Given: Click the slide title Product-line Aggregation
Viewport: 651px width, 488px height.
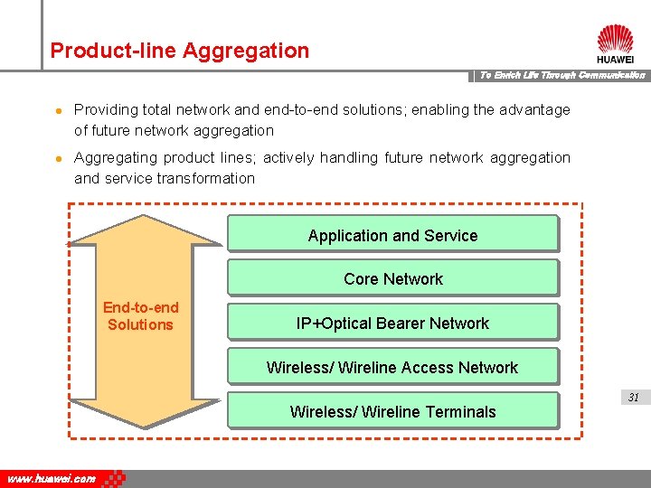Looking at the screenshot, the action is click(x=179, y=51).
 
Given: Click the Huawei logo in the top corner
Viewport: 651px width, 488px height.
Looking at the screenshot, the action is click(x=615, y=42).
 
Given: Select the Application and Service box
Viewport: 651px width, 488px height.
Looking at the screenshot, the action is click(x=392, y=235).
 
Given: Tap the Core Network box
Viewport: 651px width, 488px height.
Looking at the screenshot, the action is click(x=392, y=278).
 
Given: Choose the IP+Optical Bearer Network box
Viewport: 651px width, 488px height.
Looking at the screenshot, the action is click(x=392, y=323).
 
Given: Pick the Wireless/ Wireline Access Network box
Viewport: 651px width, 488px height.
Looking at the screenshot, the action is click(x=392, y=367).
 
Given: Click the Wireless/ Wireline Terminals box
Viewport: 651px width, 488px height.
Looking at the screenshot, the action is click(x=392, y=411).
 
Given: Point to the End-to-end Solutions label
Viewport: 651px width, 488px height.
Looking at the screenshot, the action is click(x=140, y=316).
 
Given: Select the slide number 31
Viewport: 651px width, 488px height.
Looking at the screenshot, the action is click(x=633, y=397).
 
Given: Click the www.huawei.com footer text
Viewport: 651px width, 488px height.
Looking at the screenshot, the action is click(x=52, y=479).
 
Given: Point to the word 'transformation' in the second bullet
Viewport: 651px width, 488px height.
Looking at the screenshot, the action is click(x=206, y=178).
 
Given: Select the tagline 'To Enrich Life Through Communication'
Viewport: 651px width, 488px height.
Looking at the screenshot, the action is click(x=561, y=75).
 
